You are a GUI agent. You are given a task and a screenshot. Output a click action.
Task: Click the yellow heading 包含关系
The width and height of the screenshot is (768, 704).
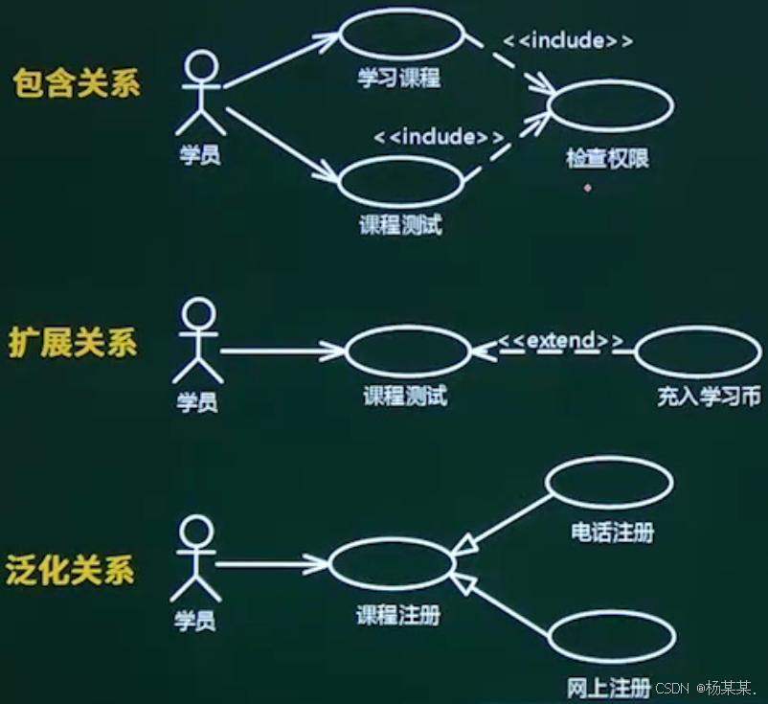(77, 83)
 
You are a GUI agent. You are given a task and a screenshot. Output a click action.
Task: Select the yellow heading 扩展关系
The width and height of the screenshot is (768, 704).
(73, 342)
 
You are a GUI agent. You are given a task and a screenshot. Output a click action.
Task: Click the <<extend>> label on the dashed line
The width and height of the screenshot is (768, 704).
(560, 341)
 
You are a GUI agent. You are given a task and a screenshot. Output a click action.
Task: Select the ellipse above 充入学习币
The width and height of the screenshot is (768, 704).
(697, 352)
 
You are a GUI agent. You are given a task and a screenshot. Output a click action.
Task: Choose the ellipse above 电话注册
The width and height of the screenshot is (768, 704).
(609, 484)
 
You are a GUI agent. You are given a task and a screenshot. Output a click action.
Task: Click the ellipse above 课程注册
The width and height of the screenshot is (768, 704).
(390, 564)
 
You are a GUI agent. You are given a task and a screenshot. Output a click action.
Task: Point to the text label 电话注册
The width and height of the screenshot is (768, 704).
(612, 532)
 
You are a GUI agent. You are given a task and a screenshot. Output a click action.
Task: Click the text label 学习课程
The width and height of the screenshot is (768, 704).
(399, 79)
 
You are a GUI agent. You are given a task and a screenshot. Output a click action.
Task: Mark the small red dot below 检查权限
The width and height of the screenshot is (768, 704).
(587, 188)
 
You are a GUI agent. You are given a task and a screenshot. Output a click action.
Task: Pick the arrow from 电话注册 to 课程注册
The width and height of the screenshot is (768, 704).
(503, 523)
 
